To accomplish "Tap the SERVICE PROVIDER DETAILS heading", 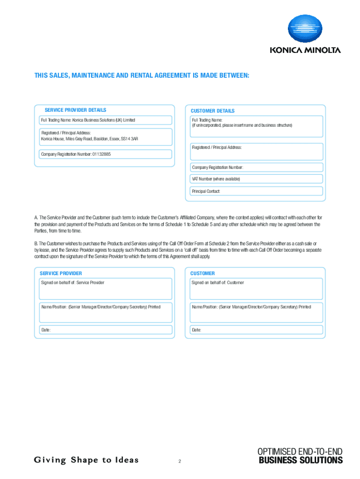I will pos(75,110).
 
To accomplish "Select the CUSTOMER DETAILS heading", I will pos(212,111).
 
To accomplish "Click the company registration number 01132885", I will pos(101,154).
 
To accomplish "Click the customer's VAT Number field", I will pos(256,179).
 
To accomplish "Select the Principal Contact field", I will pos(256,191).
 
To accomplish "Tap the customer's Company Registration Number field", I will pos(256,167).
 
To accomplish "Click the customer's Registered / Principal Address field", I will pos(256,152).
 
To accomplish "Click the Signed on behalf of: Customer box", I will pos(256,289).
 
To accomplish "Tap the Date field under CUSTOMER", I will pos(256,330).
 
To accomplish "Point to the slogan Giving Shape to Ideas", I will pos(86,460).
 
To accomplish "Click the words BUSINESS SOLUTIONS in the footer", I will pos(301,460).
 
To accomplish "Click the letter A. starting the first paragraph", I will pos(36,218).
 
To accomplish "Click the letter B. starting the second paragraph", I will pos(36,244).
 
